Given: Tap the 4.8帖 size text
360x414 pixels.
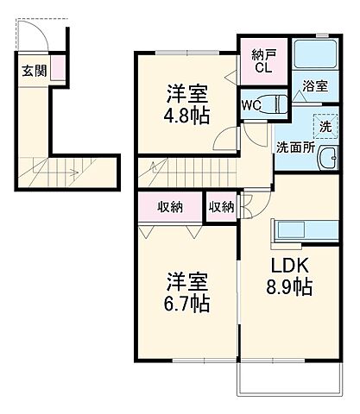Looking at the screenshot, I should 186,117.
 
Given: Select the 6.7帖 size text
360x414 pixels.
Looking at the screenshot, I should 187,304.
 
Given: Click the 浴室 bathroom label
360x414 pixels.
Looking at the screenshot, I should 314,87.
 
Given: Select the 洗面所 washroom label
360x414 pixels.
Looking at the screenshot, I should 295,147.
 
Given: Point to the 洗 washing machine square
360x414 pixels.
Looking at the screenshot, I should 325,125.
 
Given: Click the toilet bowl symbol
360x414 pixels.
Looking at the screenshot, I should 276,104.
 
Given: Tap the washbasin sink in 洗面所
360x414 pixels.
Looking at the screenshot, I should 327,157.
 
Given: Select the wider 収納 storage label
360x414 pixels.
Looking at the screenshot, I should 169,207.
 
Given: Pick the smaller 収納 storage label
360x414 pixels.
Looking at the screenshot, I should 220,207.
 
